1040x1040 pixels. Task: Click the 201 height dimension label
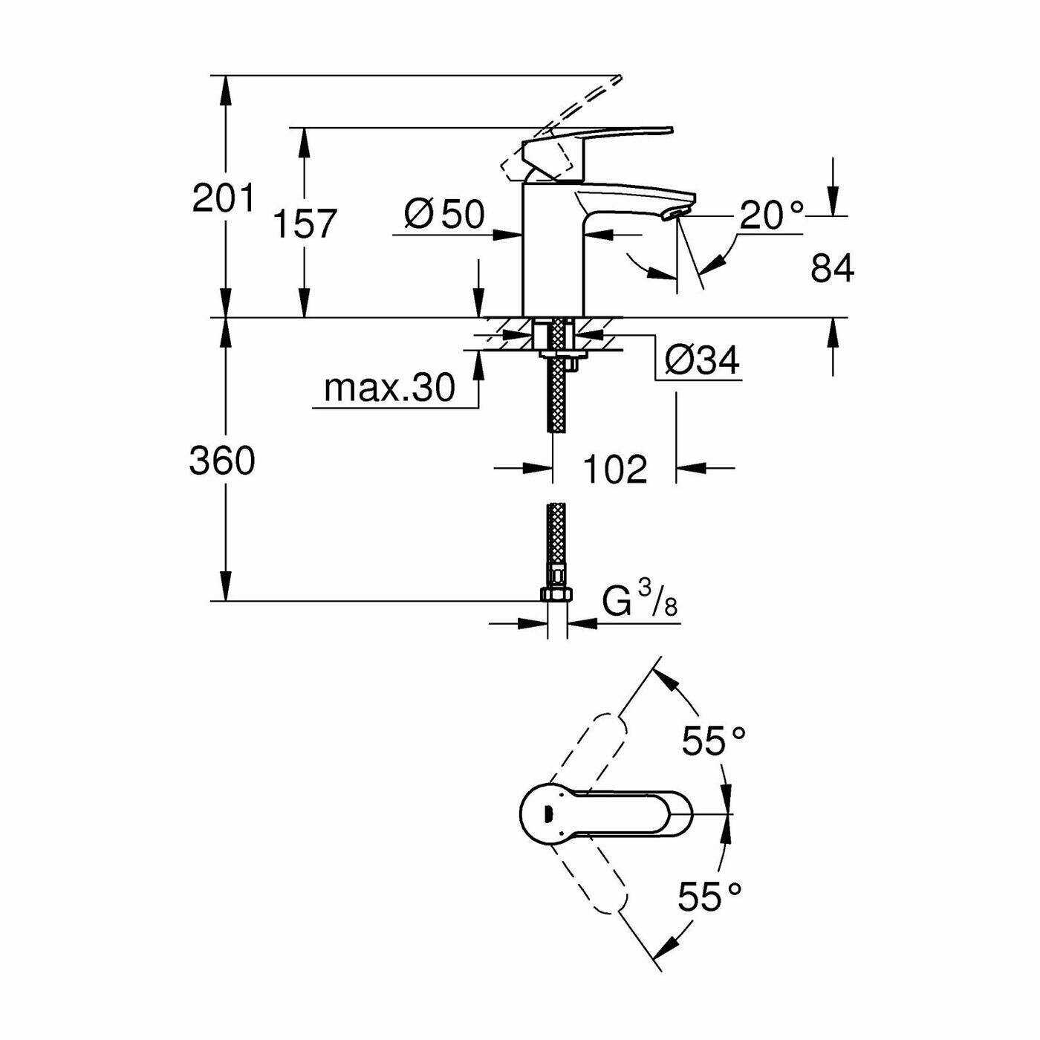223,199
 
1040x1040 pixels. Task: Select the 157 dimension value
305,224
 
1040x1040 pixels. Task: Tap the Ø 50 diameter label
444,214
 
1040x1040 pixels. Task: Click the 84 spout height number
832,269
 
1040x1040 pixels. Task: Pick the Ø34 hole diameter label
701,360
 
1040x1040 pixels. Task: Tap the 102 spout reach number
615,469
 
